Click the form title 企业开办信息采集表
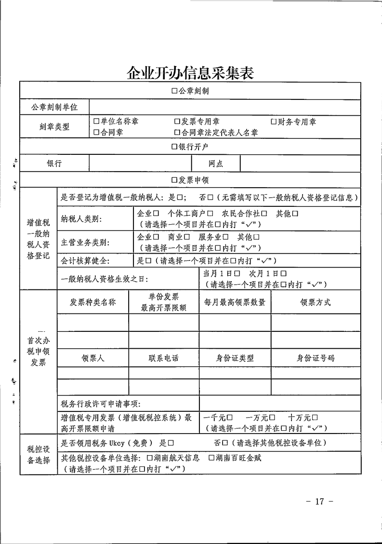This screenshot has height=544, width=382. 190,73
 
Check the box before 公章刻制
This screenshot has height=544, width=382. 175,91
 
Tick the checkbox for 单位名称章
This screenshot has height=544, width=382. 96,122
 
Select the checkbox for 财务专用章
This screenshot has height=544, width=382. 274,122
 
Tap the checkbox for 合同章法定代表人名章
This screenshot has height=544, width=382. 177,132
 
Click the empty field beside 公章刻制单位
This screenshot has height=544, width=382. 224,107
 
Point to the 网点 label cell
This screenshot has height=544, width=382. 216,163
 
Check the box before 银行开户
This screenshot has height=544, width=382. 175,147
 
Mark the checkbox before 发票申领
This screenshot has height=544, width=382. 175,180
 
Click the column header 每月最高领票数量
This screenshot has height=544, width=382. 235,302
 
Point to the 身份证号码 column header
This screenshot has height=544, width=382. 315,358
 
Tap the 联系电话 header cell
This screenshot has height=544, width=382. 163,358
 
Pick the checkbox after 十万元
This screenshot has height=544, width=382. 315,417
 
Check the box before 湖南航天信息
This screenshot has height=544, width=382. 150,457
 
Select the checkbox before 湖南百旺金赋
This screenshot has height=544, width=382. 211,457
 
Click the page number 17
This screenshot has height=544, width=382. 319,502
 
